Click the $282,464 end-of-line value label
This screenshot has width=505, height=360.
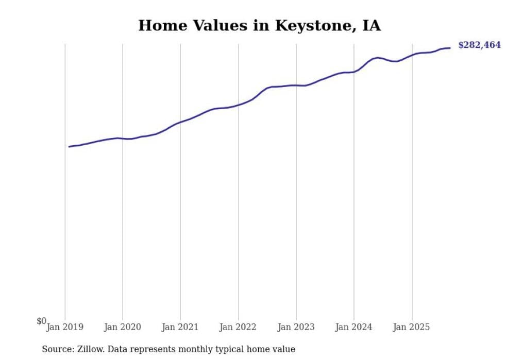(x=479, y=45)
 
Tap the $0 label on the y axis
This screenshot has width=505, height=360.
(x=41, y=321)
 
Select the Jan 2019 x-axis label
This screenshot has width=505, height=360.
(x=65, y=327)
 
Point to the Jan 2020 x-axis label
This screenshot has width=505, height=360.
(x=123, y=327)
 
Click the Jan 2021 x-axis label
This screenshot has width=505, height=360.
(x=180, y=327)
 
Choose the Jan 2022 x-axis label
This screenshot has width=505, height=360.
(x=238, y=327)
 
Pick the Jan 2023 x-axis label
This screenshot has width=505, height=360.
(x=296, y=327)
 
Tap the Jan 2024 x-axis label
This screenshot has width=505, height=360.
(x=353, y=327)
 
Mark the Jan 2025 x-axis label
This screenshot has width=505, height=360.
(x=411, y=327)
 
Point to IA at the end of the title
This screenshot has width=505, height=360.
(x=372, y=26)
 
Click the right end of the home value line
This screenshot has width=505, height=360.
(x=450, y=48)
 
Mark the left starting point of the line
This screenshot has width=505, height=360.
(x=69, y=147)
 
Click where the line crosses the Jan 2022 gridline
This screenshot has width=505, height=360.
(x=239, y=105)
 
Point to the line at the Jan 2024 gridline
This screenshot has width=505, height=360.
(x=354, y=72)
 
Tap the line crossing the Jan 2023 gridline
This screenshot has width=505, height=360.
(x=296, y=85)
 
